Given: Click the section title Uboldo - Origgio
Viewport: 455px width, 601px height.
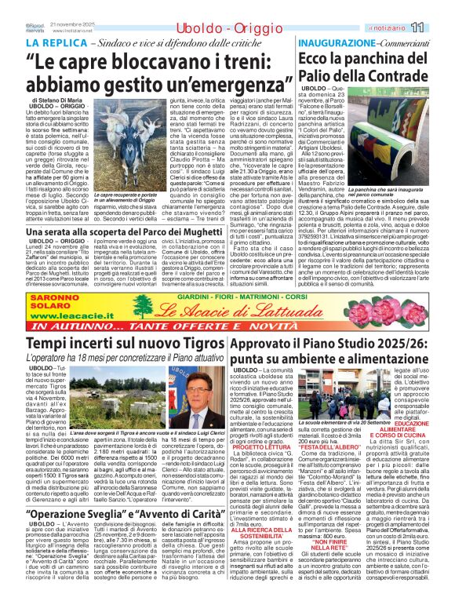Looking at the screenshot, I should [x=200, y=28].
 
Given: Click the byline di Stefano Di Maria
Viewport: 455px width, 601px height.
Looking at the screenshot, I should [x=56, y=101].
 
